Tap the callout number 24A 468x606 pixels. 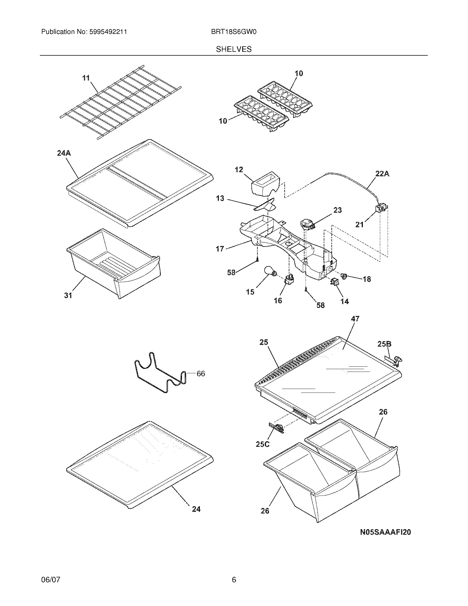[x=64, y=153]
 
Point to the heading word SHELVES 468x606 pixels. [x=234, y=49]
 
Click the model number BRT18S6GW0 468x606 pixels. [x=233, y=32]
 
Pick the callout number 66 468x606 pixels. [x=201, y=374]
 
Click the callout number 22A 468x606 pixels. [x=382, y=174]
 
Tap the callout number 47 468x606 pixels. [x=355, y=319]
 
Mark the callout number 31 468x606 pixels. [x=68, y=296]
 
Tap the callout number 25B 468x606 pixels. [x=384, y=344]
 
